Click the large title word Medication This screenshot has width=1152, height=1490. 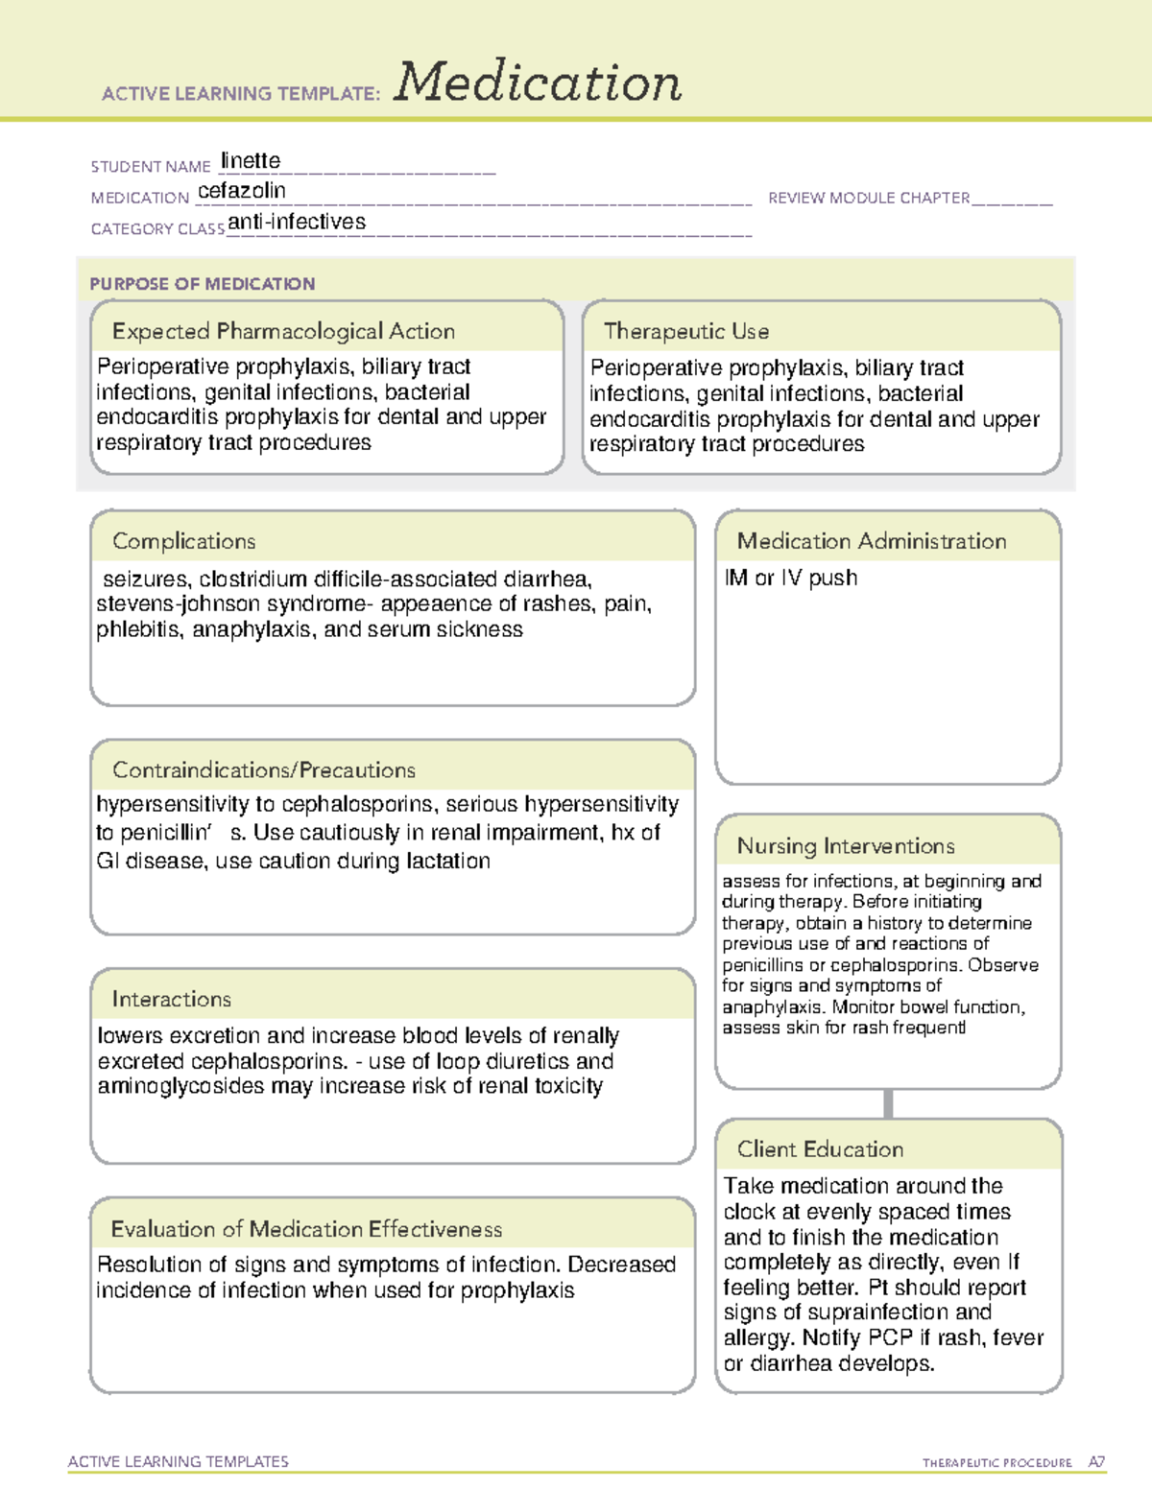click(537, 83)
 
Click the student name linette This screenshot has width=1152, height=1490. click(251, 160)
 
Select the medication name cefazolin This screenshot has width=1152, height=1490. click(242, 191)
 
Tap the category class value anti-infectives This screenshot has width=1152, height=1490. click(297, 222)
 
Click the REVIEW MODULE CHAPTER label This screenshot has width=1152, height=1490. click(869, 198)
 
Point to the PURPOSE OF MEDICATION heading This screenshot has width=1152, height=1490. click(203, 284)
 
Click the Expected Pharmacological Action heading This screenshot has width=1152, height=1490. click(283, 331)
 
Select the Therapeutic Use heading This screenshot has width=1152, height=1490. click(685, 331)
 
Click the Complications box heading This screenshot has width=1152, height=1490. click(184, 541)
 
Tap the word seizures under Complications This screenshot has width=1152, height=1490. click(146, 579)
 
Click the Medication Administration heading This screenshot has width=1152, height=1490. click(872, 541)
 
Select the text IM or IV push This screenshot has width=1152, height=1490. click(791, 578)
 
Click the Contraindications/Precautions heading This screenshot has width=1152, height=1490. click(264, 769)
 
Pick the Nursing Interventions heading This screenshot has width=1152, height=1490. click(846, 845)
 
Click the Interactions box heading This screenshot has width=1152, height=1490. click(172, 999)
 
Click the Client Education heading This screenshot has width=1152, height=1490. click(820, 1148)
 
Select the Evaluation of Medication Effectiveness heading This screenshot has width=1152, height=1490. click(306, 1229)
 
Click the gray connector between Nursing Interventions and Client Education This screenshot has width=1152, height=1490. click(888, 1103)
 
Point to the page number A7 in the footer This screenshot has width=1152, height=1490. click(1096, 1462)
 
